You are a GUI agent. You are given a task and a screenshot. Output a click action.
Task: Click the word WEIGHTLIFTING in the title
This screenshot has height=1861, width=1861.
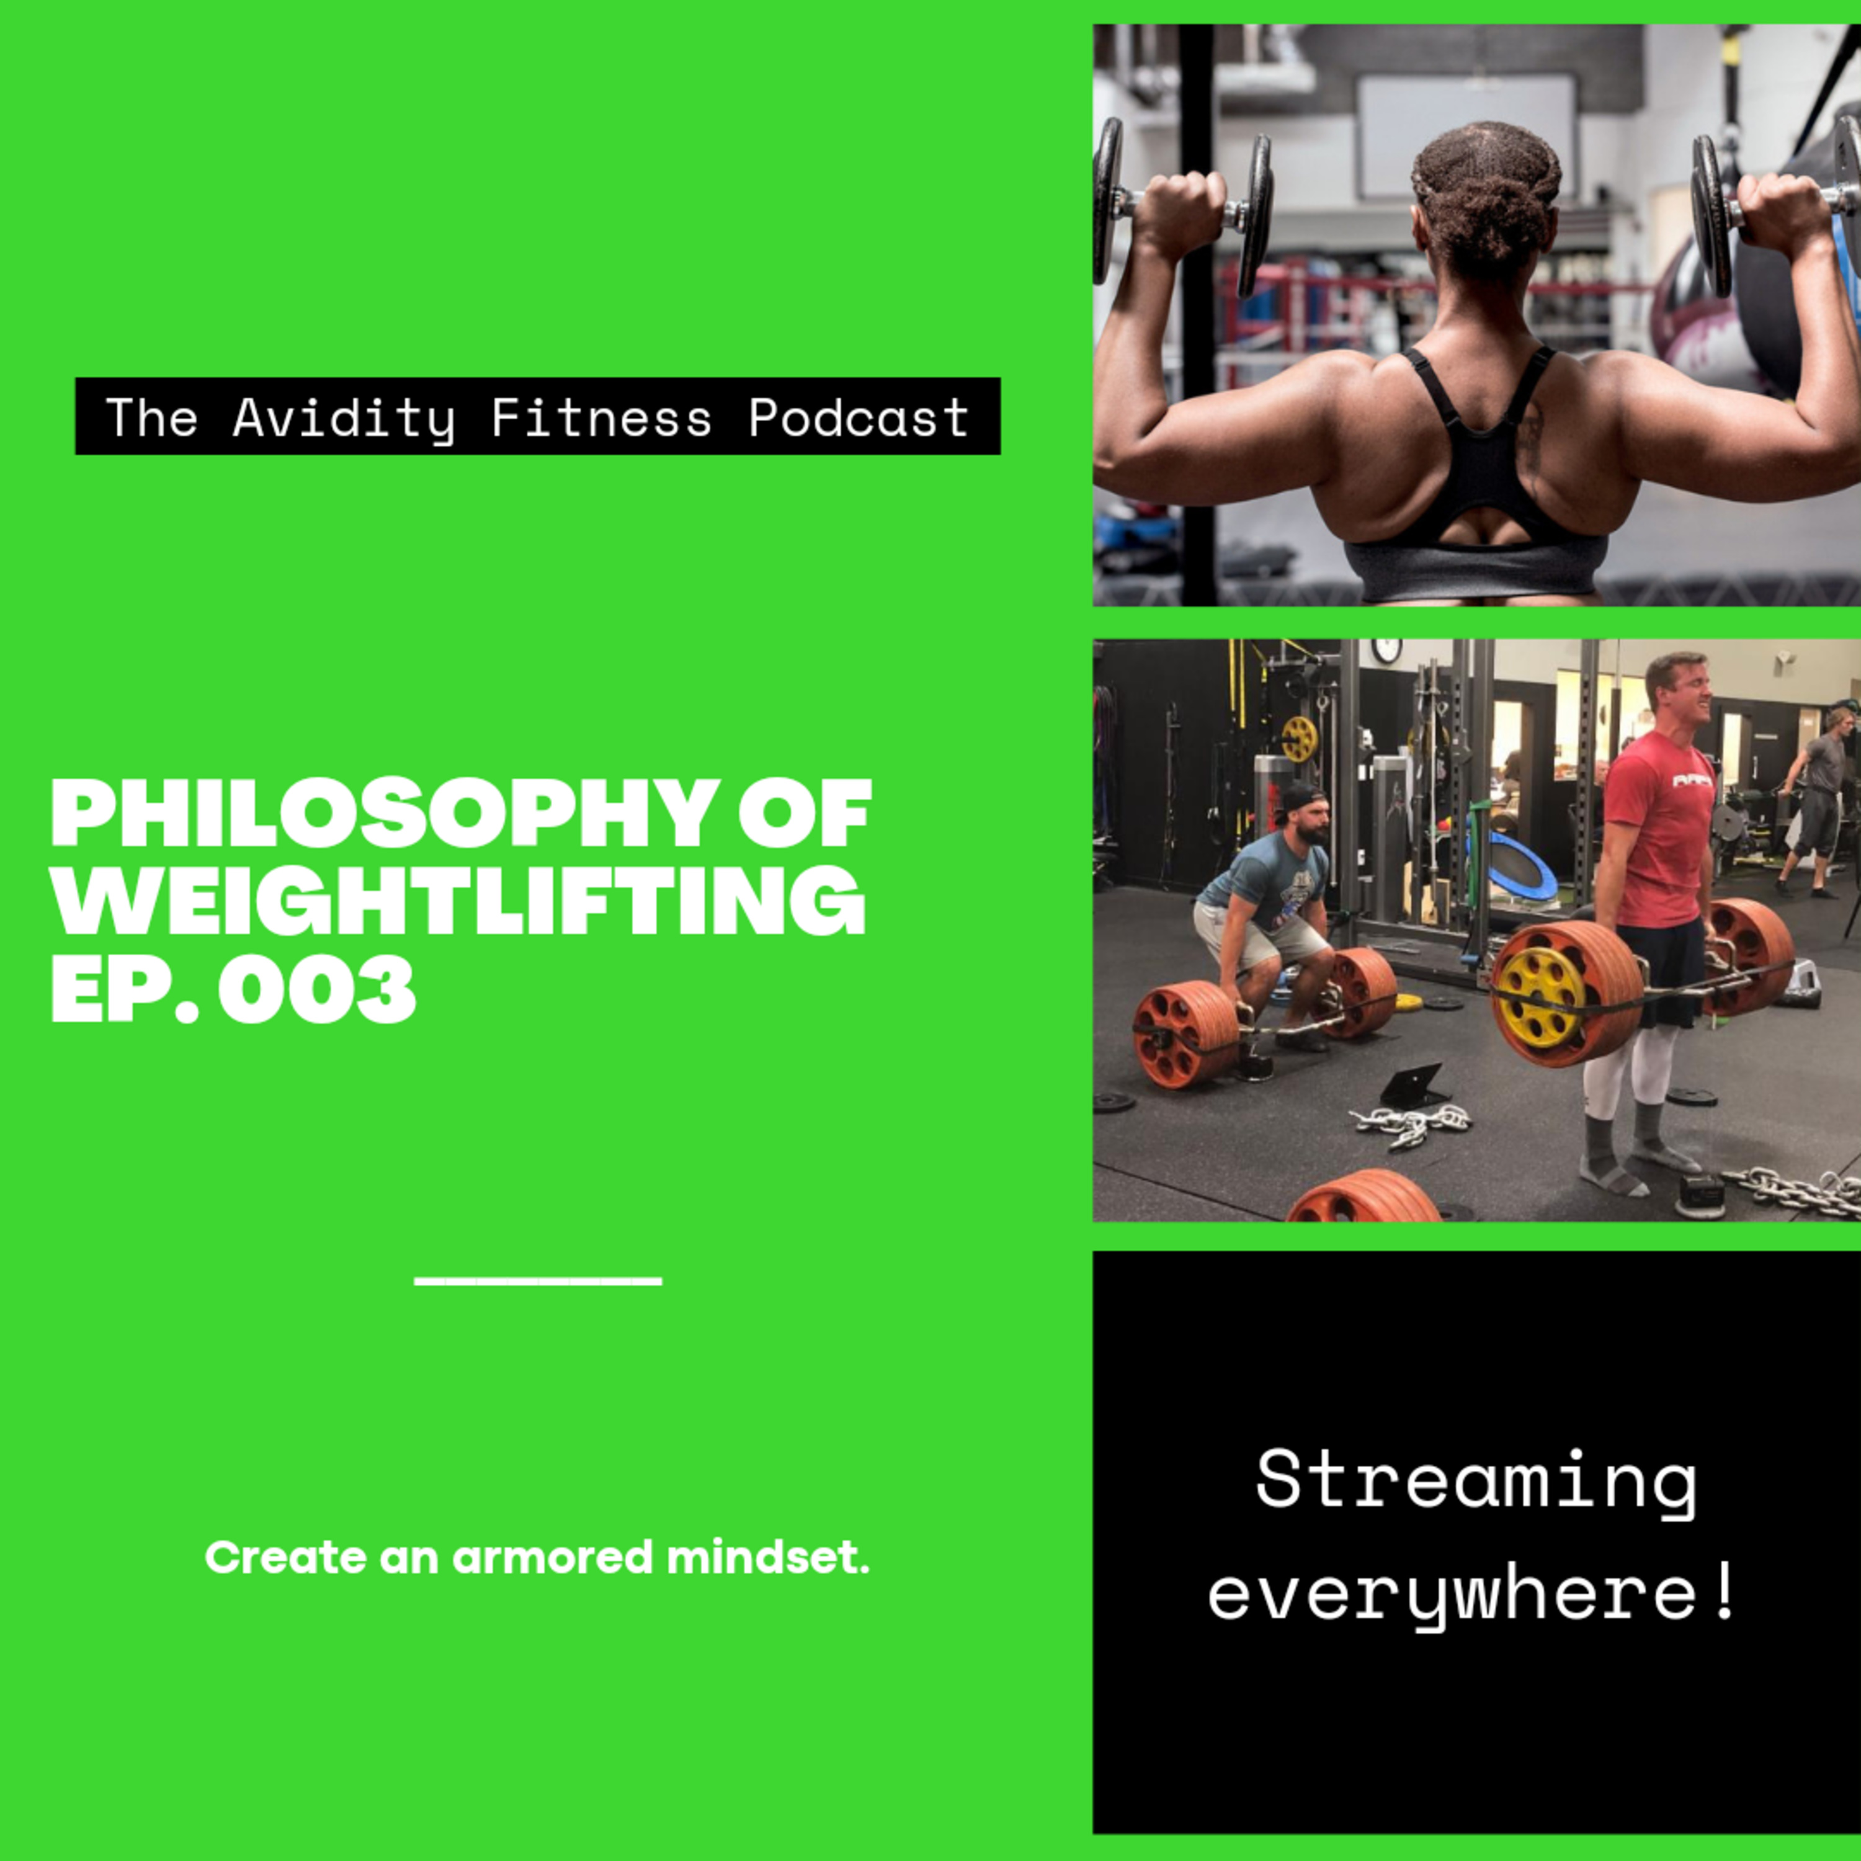tap(458, 901)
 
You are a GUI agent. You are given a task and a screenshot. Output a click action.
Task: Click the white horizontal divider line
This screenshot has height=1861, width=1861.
tap(537, 1281)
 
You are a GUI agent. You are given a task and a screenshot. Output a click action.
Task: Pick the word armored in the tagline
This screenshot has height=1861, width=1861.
tap(553, 1558)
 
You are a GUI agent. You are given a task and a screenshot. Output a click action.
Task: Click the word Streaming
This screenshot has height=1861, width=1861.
tap(1476, 1483)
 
